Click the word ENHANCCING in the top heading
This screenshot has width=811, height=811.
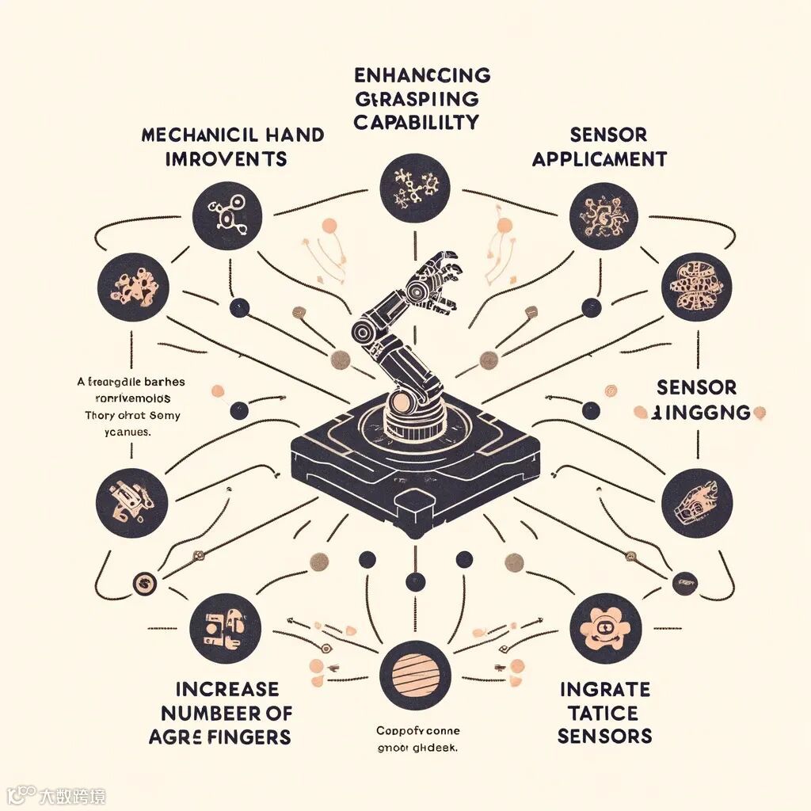(x=421, y=76)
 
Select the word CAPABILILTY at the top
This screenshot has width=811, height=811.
(x=417, y=123)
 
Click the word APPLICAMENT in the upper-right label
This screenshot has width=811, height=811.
(x=599, y=158)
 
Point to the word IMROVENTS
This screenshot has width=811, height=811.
(x=226, y=158)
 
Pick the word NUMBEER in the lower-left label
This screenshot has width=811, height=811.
(x=195, y=712)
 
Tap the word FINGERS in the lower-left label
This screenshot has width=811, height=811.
(x=246, y=737)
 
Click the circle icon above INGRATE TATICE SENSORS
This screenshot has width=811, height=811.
(x=604, y=630)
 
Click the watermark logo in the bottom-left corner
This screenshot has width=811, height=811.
(x=20, y=794)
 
